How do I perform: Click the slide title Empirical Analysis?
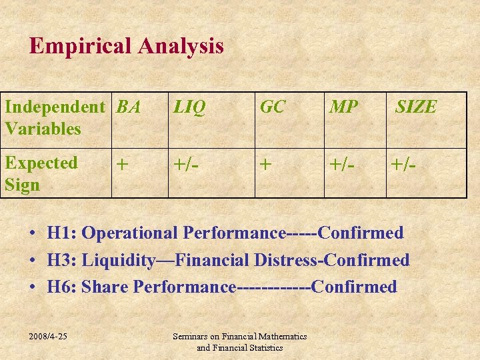(x=127, y=46)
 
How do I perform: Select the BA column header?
(x=128, y=107)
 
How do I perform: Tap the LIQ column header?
(x=190, y=107)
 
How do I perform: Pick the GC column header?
(x=273, y=107)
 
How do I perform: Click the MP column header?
(x=343, y=107)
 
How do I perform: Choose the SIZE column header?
(x=416, y=107)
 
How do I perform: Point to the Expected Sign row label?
(x=41, y=173)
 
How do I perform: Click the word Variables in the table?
(x=43, y=129)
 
